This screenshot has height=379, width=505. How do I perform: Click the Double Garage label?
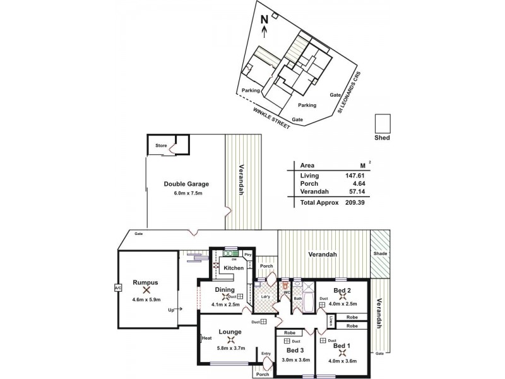pos(186,184)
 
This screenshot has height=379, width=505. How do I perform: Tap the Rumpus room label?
pos(146,282)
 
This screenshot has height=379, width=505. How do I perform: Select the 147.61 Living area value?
pos(355,175)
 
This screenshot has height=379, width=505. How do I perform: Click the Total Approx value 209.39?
pos(355,202)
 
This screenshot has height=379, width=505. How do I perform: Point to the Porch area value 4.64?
pos(357,184)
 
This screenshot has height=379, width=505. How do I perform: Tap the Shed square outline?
pos(383,123)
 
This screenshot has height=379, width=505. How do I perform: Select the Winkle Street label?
pos(271,118)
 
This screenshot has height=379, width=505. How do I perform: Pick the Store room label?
pos(161,146)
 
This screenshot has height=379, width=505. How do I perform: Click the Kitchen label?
pos(233,268)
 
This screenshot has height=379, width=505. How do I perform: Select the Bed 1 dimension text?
pos(342,361)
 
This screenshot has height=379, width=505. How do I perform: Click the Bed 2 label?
pos(342,290)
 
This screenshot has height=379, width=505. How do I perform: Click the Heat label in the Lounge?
pos(206,338)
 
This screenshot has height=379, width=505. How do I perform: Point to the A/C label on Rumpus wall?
pos(117,289)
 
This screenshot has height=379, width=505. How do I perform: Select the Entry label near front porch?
pos(266,354)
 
